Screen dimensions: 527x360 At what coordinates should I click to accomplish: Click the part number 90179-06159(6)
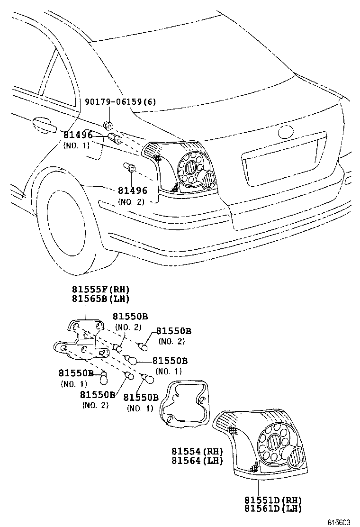[x=120, y=102]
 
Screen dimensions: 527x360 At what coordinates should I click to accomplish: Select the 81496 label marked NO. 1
[x=79, y=135]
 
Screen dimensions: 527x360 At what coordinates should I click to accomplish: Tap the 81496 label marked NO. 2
[x=133, y=191]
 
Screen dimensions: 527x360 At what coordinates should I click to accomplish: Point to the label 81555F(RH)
[x=100, y=290]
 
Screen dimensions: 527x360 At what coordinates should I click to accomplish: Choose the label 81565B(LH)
[x=100, y=299]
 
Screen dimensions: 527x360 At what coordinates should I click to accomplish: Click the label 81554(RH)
[x=197, y=451]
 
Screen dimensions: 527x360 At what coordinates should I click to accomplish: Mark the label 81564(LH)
[x=197, y=460]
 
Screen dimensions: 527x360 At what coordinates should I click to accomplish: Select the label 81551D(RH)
[x=273, y=500]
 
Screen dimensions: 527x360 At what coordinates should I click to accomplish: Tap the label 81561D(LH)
[x=273, y=509]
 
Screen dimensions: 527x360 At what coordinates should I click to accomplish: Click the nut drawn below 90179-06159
[x=108, y=126]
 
